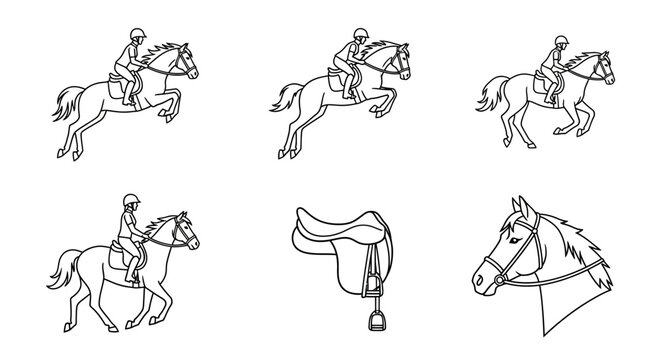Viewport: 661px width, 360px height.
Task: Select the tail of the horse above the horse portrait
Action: tap(490, 94)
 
